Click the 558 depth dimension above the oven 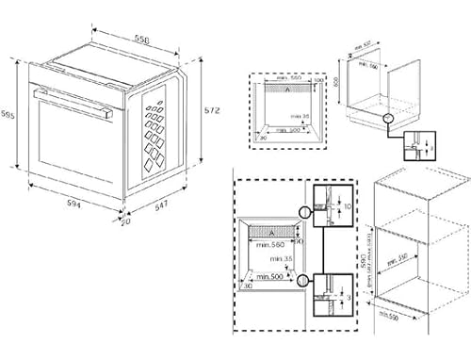point(140,39)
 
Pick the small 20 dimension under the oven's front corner point(124,221)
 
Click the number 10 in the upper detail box point(347,205)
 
